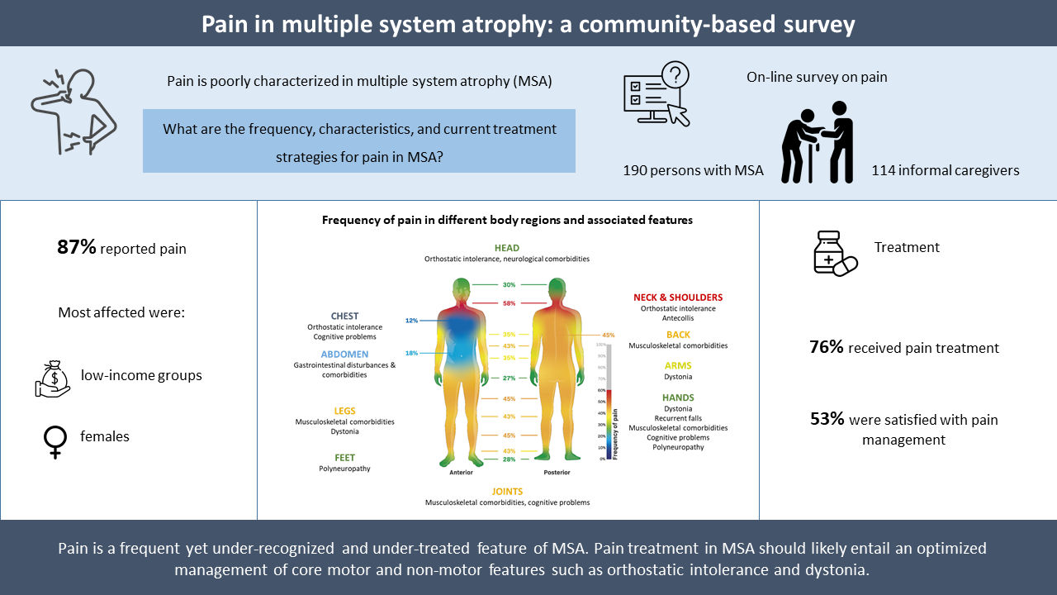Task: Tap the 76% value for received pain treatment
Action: click(x=827, y=348)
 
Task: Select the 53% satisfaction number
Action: click(x=827, y=420)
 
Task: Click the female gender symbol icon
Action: click(x=54, y=440)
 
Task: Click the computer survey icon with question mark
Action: click(x=656, y=94)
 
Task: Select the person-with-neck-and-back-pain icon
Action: click(x=72, y=113)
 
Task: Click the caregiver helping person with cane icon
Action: click(x=818, y=140)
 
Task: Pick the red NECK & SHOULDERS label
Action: click(x=678, y=297)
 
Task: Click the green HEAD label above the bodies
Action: click(x=507, y=248)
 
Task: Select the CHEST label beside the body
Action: click(x=344, y=317)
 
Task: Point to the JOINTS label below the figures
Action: click(x=507, y=492)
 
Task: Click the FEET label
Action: click(x=344, y=457)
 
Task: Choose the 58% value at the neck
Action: click(x=509, y=303)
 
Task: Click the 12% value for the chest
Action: click(x=412, y=320)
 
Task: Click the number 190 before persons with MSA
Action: click(x=636, y=171)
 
